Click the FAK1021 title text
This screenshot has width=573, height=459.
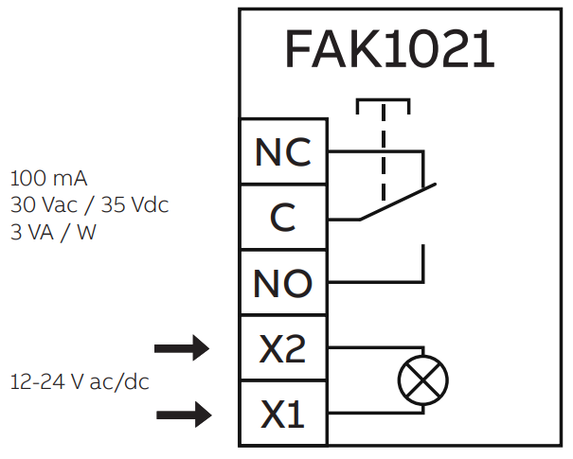click(x=389, y=49)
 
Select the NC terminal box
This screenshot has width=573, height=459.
click(x=282, y=151)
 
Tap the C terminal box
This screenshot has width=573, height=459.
click(x=282, y=218)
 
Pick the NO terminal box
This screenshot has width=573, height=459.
click(x=282, y=283)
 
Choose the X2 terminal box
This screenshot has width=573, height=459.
click(x=282, y=349)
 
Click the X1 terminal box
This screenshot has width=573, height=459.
click(x=282, y=414)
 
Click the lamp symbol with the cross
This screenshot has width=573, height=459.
click(x=422, y=380)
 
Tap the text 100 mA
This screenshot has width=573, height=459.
click(x=50, y=178)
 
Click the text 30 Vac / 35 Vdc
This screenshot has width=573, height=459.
click(x=90, y=204)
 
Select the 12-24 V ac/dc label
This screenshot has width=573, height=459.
click(x=81, y=382)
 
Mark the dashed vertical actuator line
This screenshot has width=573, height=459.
click(x=384, y=151)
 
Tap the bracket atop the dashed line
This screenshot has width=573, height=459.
click(x=384, y=101)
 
